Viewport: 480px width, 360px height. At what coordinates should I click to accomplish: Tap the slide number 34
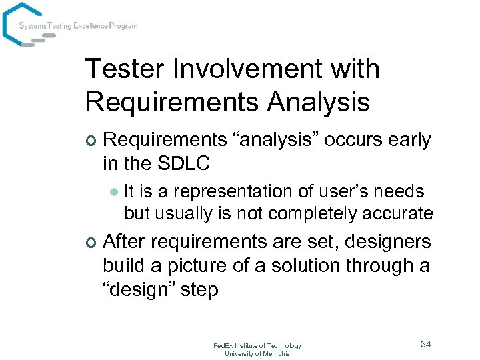tap(426, 344)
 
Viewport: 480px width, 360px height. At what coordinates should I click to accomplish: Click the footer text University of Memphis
tap(257, 353)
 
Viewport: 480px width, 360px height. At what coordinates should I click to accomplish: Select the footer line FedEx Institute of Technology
tap(257, 345)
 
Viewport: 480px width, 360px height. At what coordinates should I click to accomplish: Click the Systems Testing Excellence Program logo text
tap(78, 26)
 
